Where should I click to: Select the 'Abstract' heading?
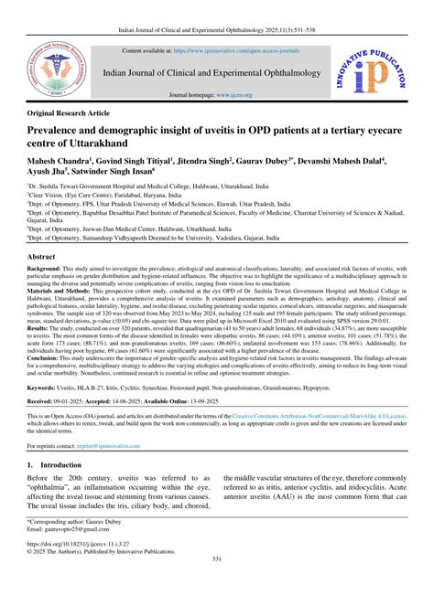(x=43, y=259)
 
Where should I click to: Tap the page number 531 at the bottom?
(x=217, y=586)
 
